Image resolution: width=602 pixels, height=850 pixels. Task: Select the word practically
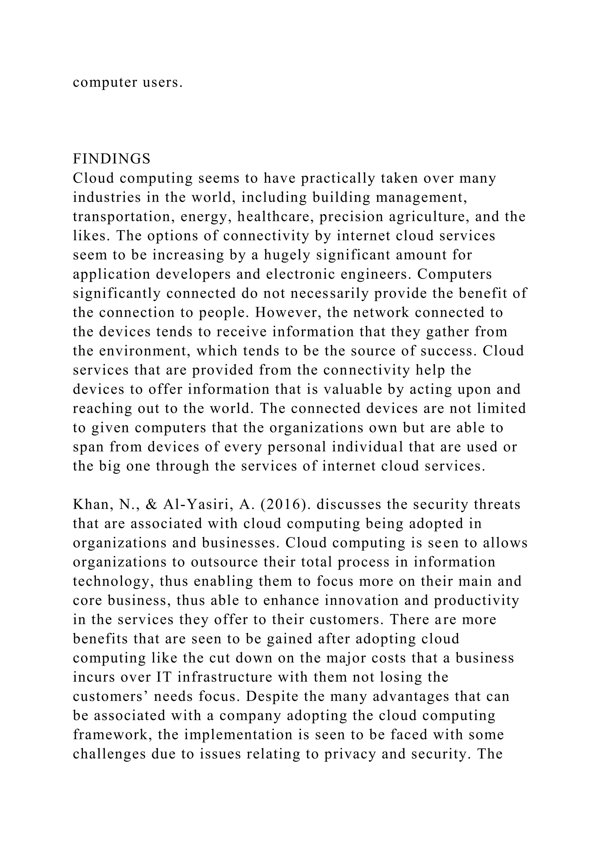tap(338, 178)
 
